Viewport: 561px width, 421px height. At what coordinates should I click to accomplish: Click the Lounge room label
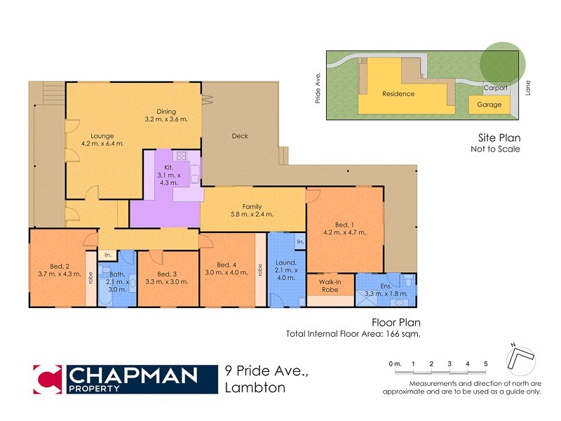point(102,135)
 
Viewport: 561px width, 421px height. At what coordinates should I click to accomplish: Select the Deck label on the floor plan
point(240,136)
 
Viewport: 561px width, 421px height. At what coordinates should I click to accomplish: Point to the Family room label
point(252,206)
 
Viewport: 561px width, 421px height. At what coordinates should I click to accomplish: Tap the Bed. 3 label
point(166,273)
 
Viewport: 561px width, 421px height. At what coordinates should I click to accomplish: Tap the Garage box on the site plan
point(489,105)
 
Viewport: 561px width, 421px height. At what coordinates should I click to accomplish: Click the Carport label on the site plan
point(496,88)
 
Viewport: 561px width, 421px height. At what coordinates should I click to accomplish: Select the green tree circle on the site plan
point(502,62)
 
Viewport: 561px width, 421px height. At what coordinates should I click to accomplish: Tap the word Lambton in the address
point(255,388)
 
